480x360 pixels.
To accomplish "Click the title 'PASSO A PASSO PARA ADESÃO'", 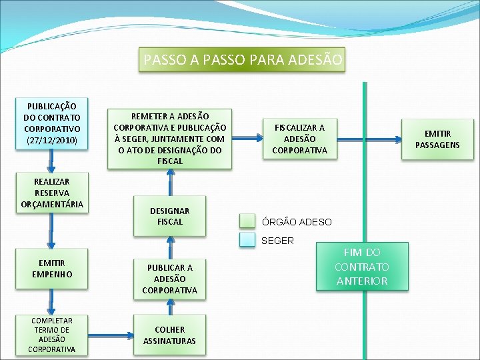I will pos(243,60).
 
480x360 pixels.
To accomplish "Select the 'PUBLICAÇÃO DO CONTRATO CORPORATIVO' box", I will pos(52,123).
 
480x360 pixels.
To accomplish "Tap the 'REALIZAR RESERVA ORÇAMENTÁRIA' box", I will pos(52,193).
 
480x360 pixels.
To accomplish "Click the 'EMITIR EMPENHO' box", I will pos(52,269).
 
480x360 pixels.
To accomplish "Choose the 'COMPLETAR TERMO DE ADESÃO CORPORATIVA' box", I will pos(52,335).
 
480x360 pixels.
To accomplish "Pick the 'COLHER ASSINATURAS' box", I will pos(170,335).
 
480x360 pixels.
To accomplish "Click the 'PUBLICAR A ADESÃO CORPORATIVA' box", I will pos(170,279).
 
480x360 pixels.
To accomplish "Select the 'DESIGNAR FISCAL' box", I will pos(170,216).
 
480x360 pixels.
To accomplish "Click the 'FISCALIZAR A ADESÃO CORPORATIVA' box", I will pos(299,139).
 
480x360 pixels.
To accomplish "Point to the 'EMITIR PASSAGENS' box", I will pos(437,139).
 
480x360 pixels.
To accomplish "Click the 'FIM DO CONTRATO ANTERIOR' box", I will pos(362,267).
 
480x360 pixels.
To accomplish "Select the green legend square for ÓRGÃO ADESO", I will pos(248,221).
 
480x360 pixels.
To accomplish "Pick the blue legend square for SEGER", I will pos(248,241).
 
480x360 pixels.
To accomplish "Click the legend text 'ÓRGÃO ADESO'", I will pos(296,222).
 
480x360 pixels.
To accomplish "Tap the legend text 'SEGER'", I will pos(277,241).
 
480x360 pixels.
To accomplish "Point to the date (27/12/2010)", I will pos(52,141).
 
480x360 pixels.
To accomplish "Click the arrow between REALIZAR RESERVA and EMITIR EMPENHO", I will pos(51,233).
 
